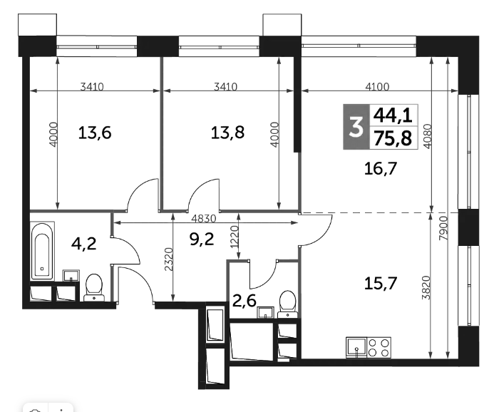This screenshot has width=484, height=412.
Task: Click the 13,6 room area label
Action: [95, 133]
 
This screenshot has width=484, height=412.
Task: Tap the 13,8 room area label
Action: [227, 133]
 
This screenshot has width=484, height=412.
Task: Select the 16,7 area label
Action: [381, 169]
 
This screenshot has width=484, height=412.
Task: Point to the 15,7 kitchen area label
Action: [381, 283]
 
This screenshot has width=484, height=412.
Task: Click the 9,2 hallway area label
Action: [202, 240]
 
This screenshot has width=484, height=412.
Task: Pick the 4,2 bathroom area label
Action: [83, 244]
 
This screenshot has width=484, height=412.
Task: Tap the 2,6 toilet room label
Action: [244, 301]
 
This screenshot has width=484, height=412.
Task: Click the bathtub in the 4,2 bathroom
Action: [42, 251]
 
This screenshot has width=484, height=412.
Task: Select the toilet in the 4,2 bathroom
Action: [94, 287]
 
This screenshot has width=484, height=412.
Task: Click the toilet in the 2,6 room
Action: [288, 304]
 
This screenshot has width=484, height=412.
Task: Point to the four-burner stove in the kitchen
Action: [379, 347]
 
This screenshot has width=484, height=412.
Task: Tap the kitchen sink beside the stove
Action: [356, 347]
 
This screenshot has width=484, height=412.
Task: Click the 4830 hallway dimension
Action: [204, 219]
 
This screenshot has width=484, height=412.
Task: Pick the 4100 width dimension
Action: [377, 87]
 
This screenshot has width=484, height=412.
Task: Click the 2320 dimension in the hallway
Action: [169, 259]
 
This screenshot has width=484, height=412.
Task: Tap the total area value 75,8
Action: [393, 138]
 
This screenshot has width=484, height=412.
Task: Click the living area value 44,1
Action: [393, 115]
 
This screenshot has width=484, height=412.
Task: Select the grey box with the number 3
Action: [356, 127]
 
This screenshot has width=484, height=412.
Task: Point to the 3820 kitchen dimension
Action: [426, 287]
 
